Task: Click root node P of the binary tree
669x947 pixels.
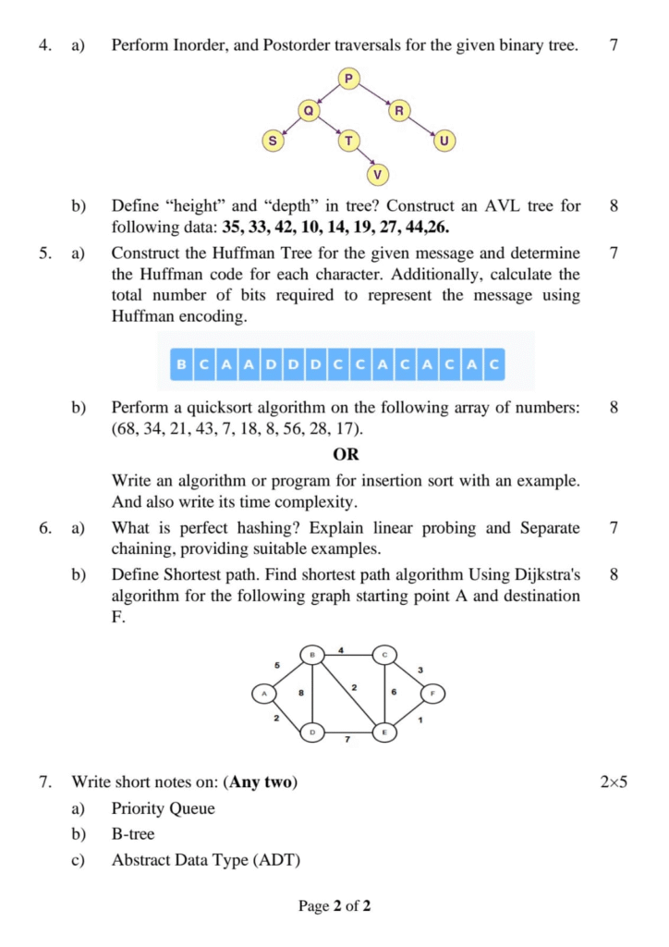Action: [348, 79]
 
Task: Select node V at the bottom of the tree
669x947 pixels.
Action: [376, 173]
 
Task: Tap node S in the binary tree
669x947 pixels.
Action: [272, 141]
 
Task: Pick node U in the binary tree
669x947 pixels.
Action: [444, 141]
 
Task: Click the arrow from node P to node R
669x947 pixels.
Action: [373, 94]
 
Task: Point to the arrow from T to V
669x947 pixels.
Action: [362, 157]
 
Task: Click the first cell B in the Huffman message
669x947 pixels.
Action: [180, 364]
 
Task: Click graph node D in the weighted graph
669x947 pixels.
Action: [312, 732]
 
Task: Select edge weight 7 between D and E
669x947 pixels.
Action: [347, 740]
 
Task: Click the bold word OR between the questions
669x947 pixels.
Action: [346, 455]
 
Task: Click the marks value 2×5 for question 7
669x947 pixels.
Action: [614, 782]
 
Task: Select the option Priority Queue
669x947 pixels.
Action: [163, 808]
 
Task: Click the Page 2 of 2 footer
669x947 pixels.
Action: [334, 906]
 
